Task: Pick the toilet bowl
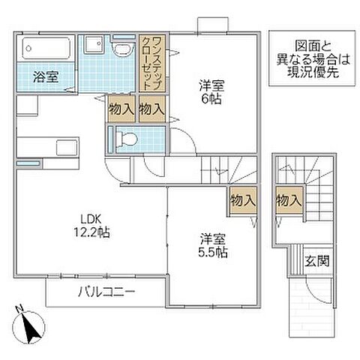click(x=126, y=138)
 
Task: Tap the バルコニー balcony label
click(x=105, y=291)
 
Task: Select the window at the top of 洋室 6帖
click(x=209, y=25)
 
